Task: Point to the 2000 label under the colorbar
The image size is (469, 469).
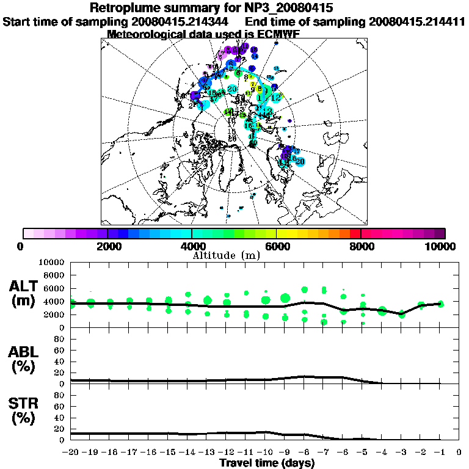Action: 107,246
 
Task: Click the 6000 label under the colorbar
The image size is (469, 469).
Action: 276,246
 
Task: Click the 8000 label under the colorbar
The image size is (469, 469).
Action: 361,246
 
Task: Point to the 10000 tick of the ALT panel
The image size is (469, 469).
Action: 53,262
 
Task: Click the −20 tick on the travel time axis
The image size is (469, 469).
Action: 71,453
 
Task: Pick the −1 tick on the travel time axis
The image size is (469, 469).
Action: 440,453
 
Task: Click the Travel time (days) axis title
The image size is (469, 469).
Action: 267,463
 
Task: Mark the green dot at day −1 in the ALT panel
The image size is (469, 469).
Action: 440,304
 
